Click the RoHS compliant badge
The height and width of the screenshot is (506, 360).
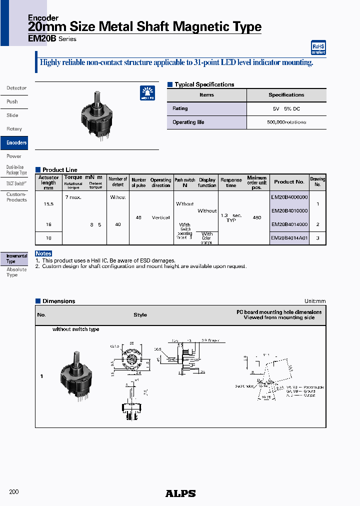click(x=318, y=47)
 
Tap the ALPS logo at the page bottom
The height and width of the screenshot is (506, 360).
click(x=180, y=493)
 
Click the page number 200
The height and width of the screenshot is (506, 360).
click(x=14, y=492)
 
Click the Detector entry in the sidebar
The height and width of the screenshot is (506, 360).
click(x=16, y=88)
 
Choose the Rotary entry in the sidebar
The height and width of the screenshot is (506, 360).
click(x=14, y=129)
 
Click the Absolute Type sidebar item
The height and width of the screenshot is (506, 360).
click(x=13, y=272)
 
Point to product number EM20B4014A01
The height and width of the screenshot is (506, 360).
click(x=289, y=238)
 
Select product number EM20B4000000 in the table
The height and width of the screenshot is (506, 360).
click(x=289, y=197)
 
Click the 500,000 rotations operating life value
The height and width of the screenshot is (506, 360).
click(x=286, y=122)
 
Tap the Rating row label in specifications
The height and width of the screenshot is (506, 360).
click(x=180, y=108)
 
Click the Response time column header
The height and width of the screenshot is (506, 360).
click(x=231, y=182)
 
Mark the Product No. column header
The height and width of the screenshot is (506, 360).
click(x=289, y=182)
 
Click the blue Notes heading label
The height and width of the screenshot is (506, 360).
click(x=43, y=253)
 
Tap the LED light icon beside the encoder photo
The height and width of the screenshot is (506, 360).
click(x=147, y=93)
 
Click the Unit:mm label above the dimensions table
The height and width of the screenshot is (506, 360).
click(x=314, y=301)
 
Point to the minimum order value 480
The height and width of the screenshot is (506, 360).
click(x=256, y=217)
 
